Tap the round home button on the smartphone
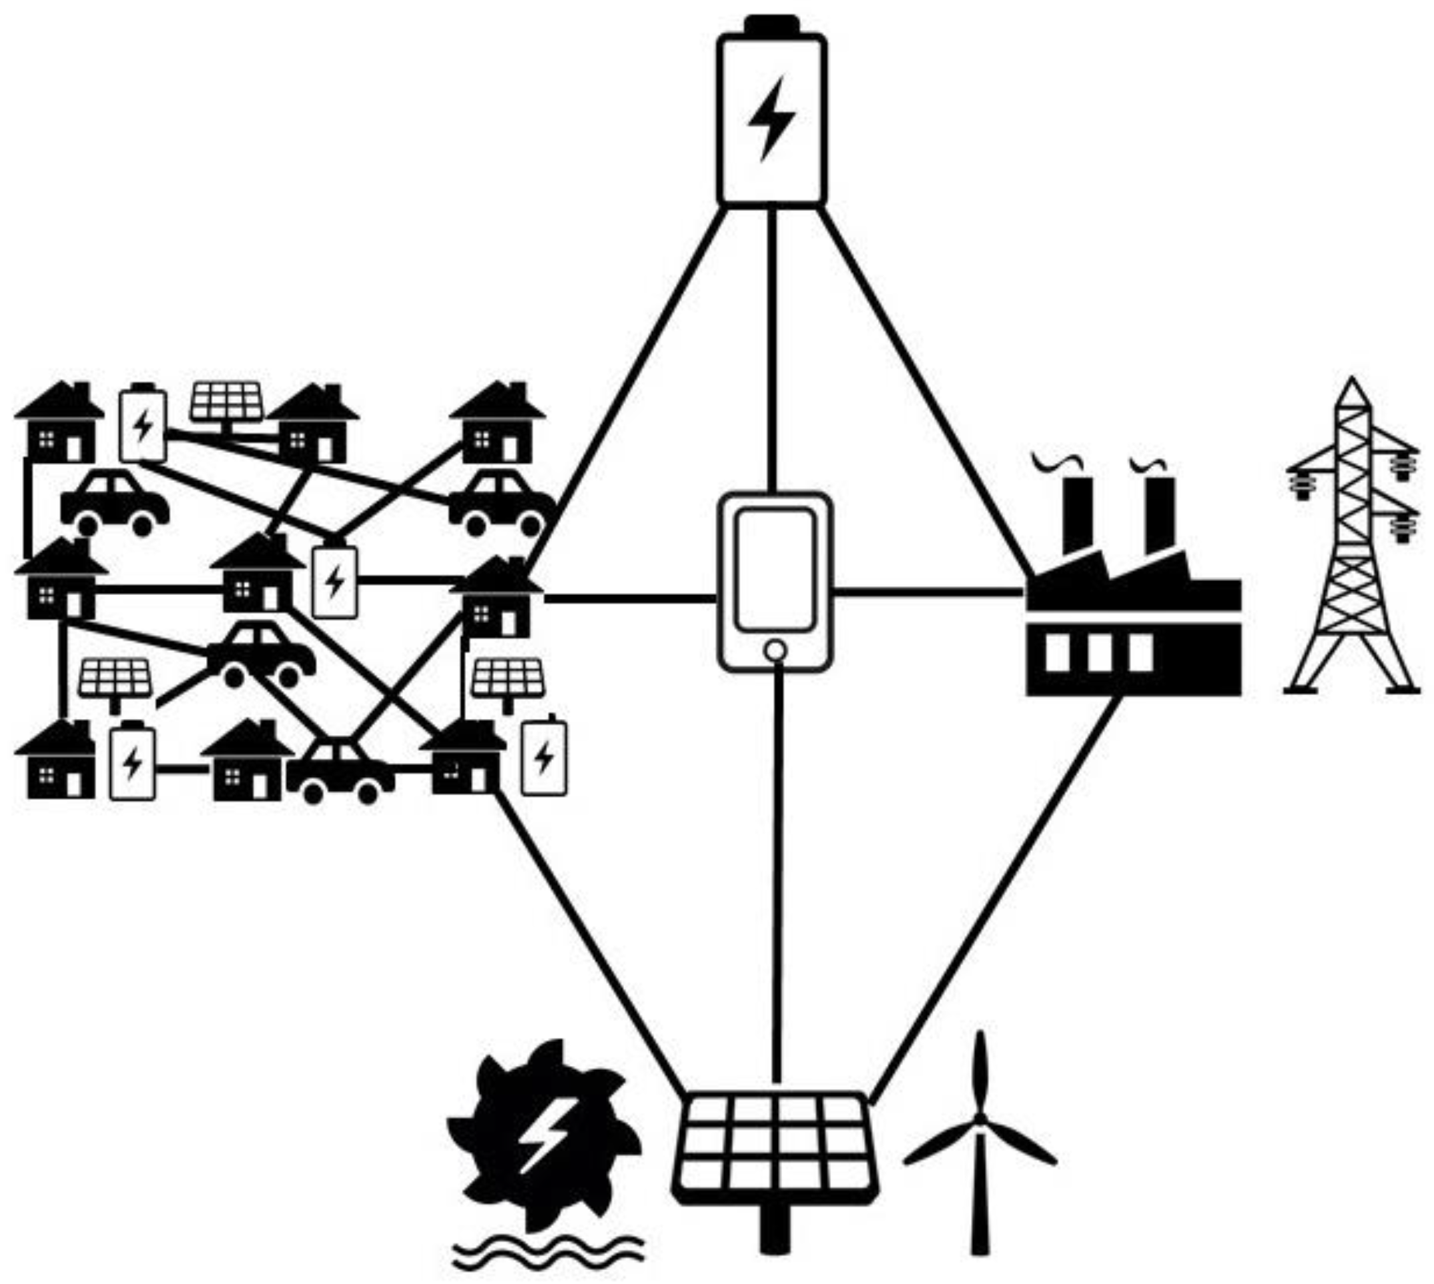click(x=775, y=650)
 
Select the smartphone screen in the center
click(x=775, y=568)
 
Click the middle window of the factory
click(x=1099, y=652)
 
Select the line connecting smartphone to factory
click(x=928, y=591)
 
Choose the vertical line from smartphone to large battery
click(x=772, y=350)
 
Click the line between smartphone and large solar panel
click(x=776, y=875)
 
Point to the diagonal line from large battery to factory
click(x=924, y=388)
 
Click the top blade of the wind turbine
click(x=980, y=1073)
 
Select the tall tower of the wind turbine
click(x=980, y=1199)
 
